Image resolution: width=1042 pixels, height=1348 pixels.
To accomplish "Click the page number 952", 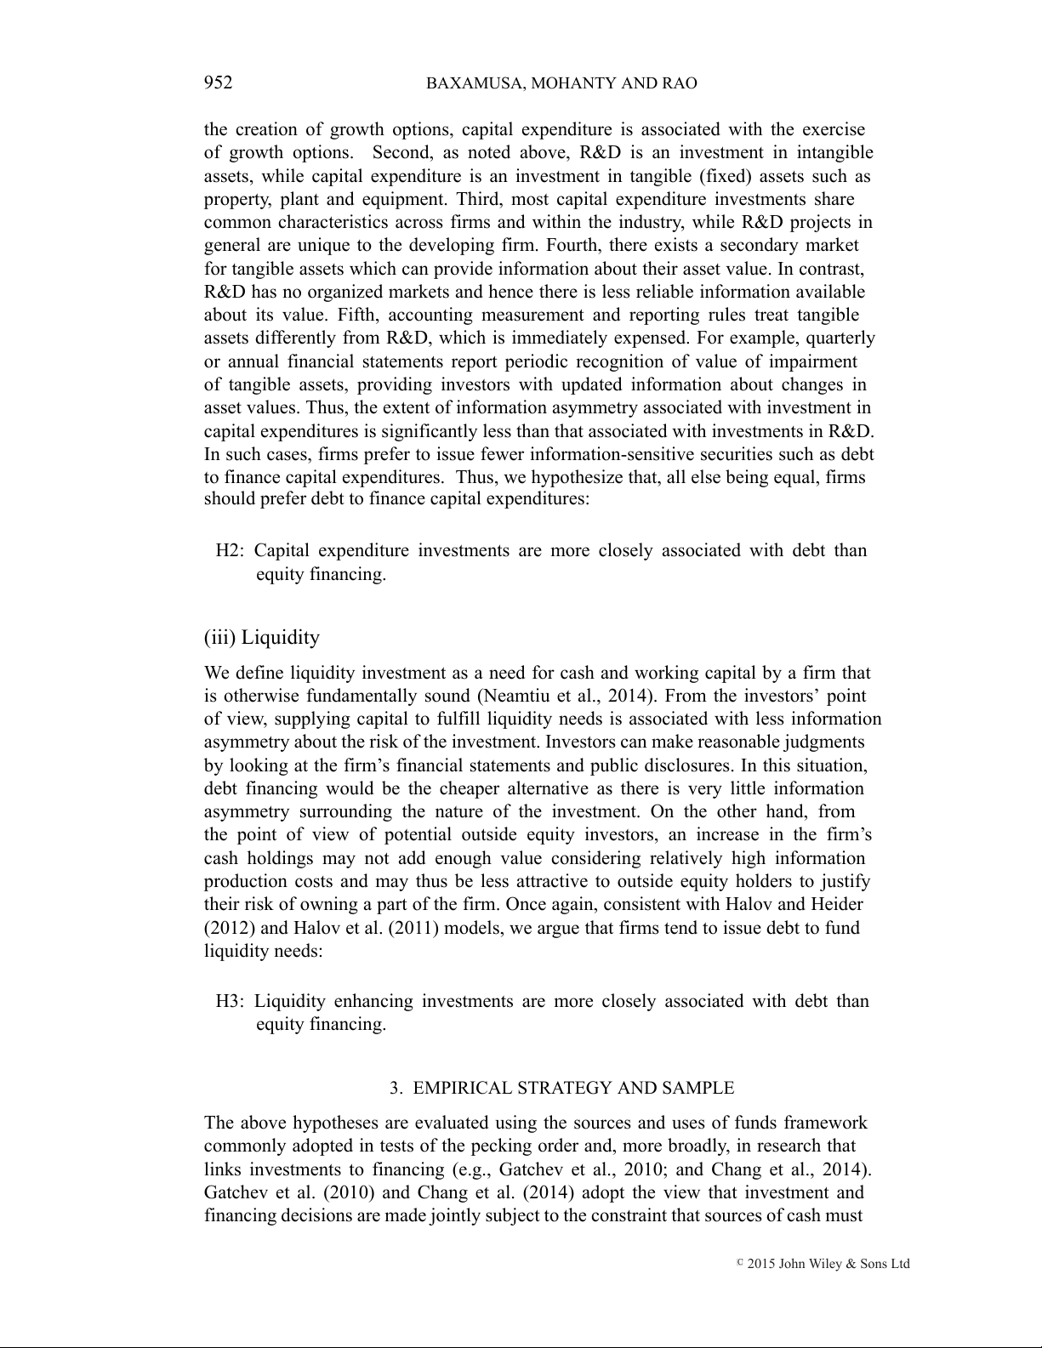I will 218,82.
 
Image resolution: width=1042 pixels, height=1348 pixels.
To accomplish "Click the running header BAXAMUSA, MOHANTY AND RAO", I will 561,83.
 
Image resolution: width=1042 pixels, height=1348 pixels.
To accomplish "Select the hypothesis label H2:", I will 230,550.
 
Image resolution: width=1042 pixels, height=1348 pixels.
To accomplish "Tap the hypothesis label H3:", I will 230,1000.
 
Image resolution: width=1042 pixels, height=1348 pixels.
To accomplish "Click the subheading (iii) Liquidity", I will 262,637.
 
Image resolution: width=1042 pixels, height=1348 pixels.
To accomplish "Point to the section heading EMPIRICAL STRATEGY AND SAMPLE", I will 573,1088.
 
